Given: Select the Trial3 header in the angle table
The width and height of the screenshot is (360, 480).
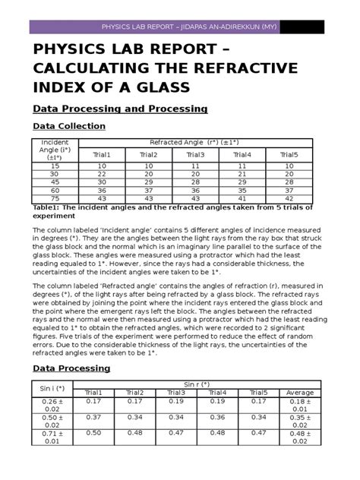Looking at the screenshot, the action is click(x=195, y=155).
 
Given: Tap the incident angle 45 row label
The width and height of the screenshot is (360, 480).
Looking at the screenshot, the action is click(x=55, y=182).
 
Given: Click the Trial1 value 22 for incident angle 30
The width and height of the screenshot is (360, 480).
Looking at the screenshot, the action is click(x=101, y=174).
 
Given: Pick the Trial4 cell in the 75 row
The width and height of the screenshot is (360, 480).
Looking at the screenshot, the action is click(x=242, y=199).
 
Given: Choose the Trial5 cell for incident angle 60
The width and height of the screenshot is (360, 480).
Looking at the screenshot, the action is click(x=289, y=191).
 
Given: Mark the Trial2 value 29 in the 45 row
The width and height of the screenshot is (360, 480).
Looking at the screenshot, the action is click(x=148, y=182).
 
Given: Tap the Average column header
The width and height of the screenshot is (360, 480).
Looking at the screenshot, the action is click(x=302, y=393).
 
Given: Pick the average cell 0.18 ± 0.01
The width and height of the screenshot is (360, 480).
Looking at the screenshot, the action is click(x=302, y=405).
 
